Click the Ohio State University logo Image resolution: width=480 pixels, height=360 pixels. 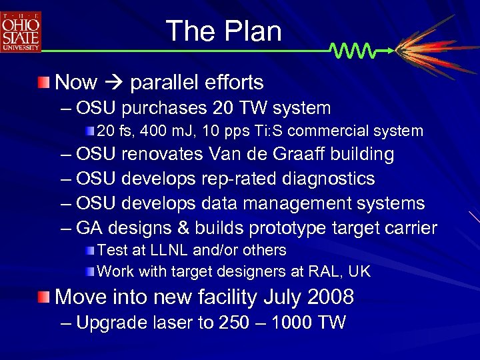(21, 31)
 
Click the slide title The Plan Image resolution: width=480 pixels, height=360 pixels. (223, 31)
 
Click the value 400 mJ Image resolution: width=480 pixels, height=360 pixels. (173, 131)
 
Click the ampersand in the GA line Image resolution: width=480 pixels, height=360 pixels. (183, 229)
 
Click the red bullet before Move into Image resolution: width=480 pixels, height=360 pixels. (44, 297)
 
